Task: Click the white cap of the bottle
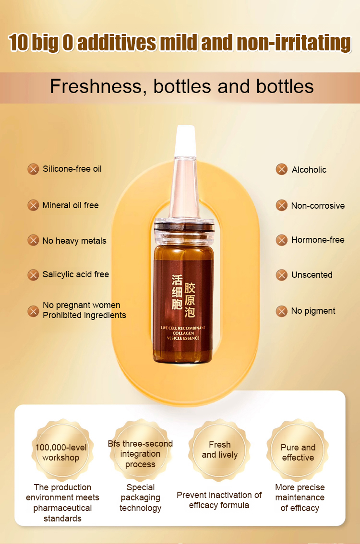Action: [x=185, y=141]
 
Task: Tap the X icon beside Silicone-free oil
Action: [x=33, y=169]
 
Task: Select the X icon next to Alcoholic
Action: [x=282, y=169]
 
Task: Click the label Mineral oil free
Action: [x=71, y=205]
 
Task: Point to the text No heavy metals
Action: [x=74, y=241]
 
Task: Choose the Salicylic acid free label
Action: [x=76, y=274]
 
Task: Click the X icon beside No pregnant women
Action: [x=33, y=311]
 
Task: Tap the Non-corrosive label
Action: [x=318, y=206]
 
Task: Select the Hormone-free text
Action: [x=318, y=240]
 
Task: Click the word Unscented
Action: [x=312, y=275]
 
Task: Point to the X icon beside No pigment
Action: [x=282, y=311]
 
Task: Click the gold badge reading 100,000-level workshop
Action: [x=62, y=450]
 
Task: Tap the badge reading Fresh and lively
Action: [x=219, y=450]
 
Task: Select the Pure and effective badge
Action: [x=298, y=450]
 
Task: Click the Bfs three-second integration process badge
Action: [x=140, y=450]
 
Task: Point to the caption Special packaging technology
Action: [x=141, y=497]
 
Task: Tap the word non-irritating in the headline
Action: [x=294, y=43]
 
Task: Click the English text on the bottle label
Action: [x=183, y=333]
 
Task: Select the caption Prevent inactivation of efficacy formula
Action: [x=219, y=500]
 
